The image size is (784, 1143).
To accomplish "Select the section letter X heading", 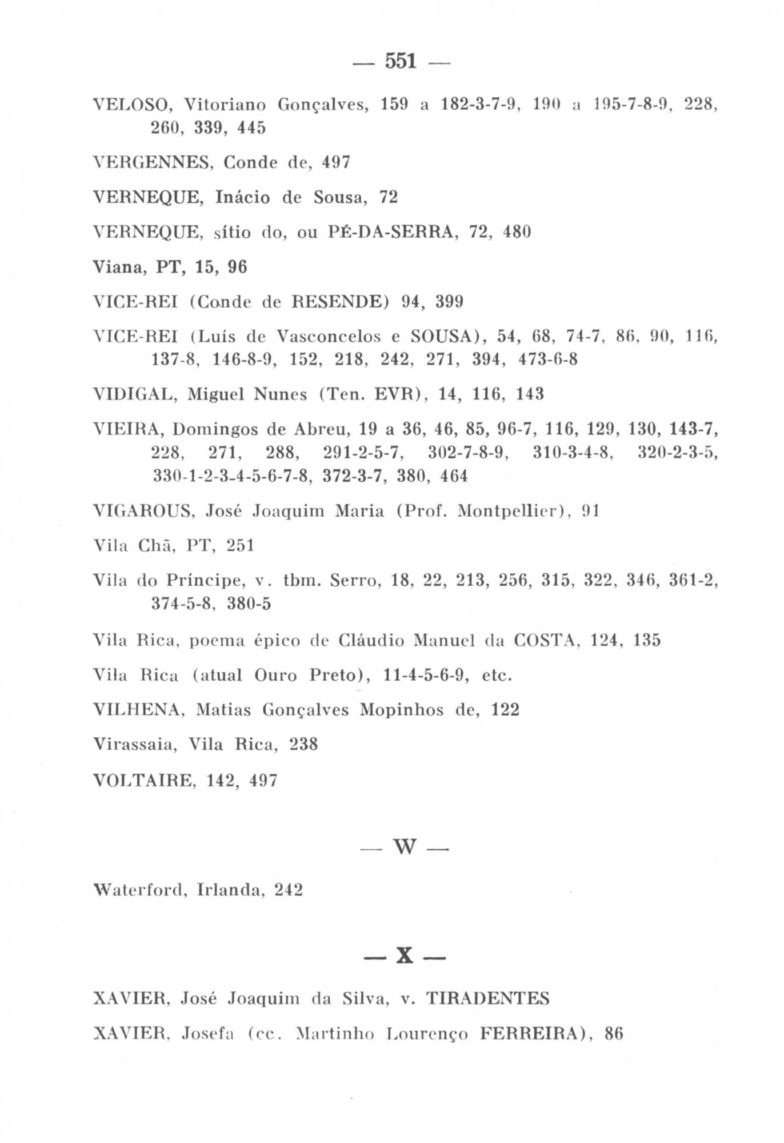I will pos(405,956).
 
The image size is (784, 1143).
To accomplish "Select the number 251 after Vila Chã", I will pos(240,545).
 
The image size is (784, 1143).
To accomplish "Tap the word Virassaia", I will pos(135,745).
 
